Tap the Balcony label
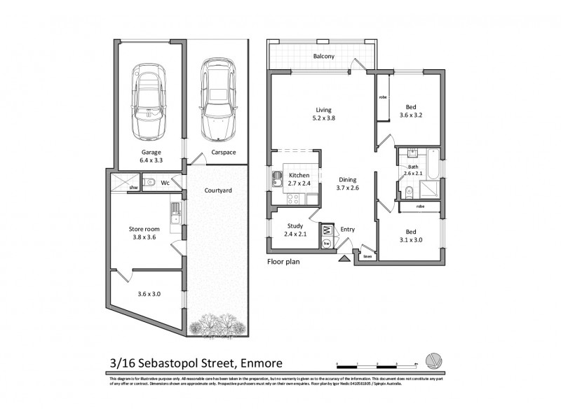[323, 57]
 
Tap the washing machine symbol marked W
[326, 230]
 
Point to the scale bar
[377, 364]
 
